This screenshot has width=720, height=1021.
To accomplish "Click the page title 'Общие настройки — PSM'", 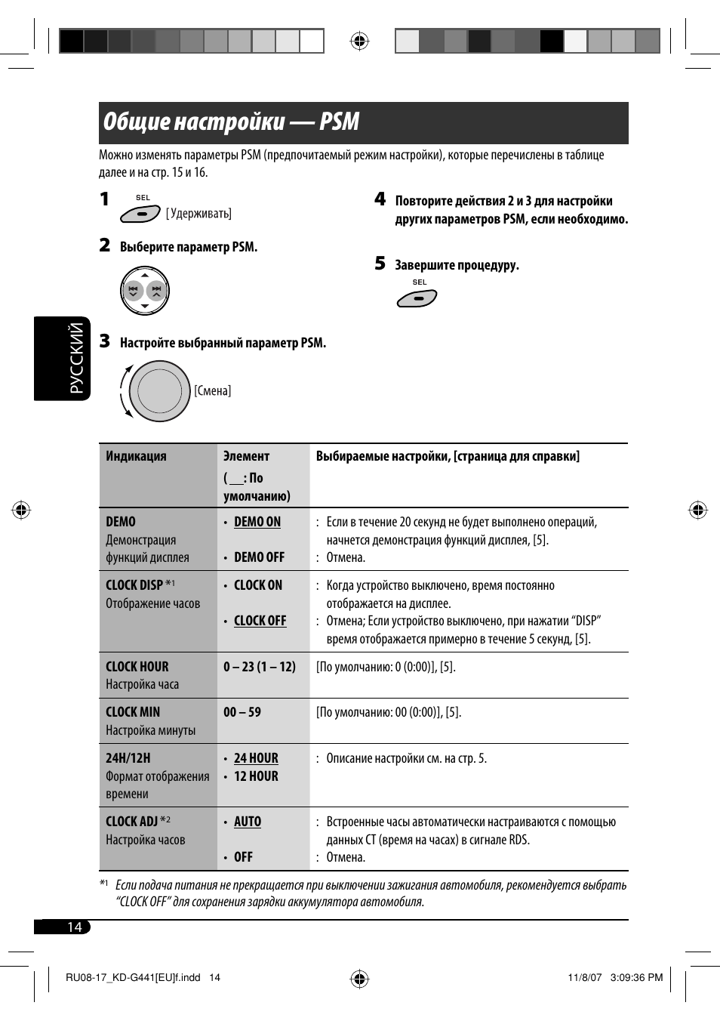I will pyautogui.click(x=231, y=122).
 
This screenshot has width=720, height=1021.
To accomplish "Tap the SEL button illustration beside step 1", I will pyautogui.click(x=140, y=214).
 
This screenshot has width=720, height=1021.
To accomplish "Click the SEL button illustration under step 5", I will pyautogui.click(x=417, y=299).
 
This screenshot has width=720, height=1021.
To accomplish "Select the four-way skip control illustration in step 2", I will pyautogui.click(x=145, y=291).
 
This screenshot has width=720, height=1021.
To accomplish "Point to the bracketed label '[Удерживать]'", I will pyautogui.click(x=198, y=214).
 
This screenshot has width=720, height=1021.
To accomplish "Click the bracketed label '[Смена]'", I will pyautogui.click(x=212, y=391).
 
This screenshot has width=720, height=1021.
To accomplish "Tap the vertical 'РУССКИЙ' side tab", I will pyautogui.click(x=76, y=359).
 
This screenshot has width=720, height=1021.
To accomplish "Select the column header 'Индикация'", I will pyautogui.click(x=136, y=456).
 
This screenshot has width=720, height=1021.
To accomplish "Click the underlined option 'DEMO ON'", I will pyautogui.click(x=257, y=522).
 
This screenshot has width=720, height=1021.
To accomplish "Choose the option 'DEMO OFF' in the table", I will pyautogui.click(x=259, y=557).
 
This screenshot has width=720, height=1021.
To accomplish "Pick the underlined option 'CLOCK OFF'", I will pyautogui.click(x=260, y=621).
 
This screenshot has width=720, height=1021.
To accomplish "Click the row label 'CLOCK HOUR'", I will pyautogui.click(x=137, y=667).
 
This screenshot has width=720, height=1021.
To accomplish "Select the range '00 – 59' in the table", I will pyautogui.click(x=242, y=712).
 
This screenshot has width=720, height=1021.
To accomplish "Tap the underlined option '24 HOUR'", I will pyautogui.click(x=256, y=758).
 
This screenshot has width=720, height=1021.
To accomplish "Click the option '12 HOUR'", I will pyautogui.click(x=256, y=776).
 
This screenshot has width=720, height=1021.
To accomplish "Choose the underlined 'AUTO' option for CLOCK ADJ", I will pyautogui.click(x=248, y=822).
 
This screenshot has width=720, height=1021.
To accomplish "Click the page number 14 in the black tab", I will pyautogui.click(x=74, y=927).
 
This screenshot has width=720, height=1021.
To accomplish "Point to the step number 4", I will pyautogui.click(x=380, y=199).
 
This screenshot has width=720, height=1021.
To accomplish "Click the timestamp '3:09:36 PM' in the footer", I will pyautogui.click(x=635, y=977).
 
